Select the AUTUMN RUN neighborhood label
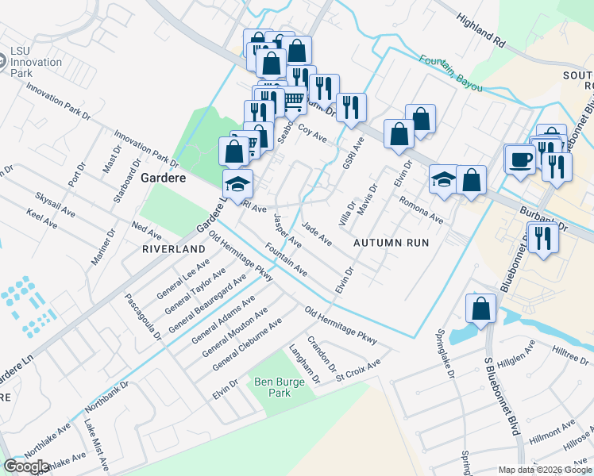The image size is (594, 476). pos(391,242)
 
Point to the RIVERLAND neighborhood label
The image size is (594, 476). pos(168,248)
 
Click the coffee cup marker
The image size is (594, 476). pos(521,159)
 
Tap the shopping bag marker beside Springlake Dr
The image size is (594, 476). pos(480,309)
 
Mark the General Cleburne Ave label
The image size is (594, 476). pos(247,344)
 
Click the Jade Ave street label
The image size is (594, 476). pos(316,234)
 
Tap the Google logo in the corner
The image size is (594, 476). pos(27,466)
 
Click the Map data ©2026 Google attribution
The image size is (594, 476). pos(545,470)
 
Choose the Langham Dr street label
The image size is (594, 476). pos(304,364)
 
